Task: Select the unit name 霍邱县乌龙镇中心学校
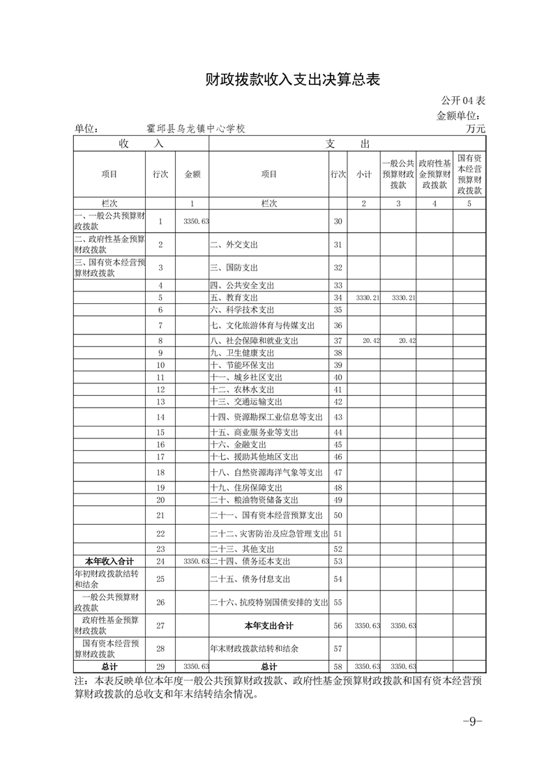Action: tap(196, 128)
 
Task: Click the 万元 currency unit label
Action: tap(476, 128)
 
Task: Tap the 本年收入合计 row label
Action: tap(109, 560)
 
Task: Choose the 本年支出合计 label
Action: tap(268, 625)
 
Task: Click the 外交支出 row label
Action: tap(234, 244)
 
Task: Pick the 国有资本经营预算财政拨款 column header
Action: tap(469, 174)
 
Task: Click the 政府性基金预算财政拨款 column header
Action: tap(434, 174)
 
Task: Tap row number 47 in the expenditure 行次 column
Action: tap(338, 472)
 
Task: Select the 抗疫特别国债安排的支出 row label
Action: tap(268, 601)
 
